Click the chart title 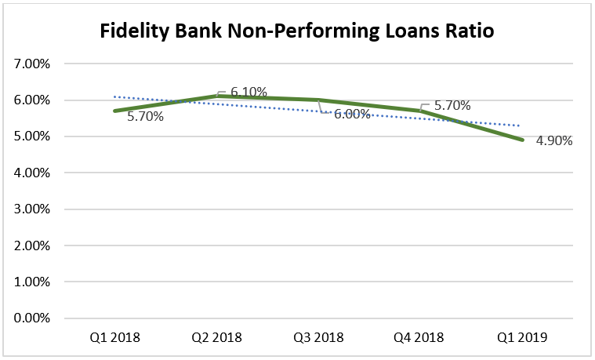click(297, 32)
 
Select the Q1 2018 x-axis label click(114, 338)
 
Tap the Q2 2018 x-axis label click(216, 338)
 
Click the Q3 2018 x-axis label click(318, 338)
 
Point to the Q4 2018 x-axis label click(420, 338)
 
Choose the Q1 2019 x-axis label click(521, 338)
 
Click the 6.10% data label click(249, 93)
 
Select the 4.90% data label click(554, 141)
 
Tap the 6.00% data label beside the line click(352, 114)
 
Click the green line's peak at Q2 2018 click(216, 96)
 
